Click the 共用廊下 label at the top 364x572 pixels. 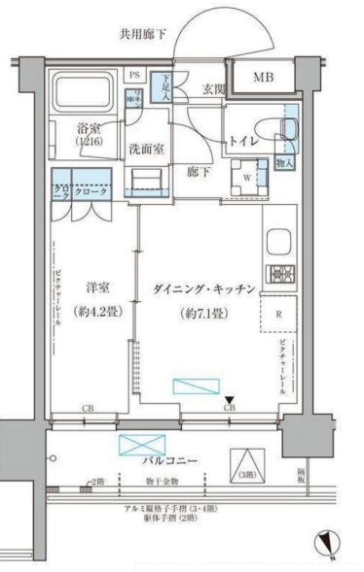pos(143,34)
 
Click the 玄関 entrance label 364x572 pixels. pos(214,90)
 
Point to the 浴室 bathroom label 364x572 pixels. pos(90,127)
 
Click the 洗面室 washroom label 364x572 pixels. pos(146,151)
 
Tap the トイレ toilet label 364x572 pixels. pos(244,142)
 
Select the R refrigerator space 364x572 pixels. pos(279,313)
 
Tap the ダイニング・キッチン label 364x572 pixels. pos(204,289)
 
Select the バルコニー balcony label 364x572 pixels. pos(171,460)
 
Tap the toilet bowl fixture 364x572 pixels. pos(288,131)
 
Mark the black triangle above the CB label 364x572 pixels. pos(230,399)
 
